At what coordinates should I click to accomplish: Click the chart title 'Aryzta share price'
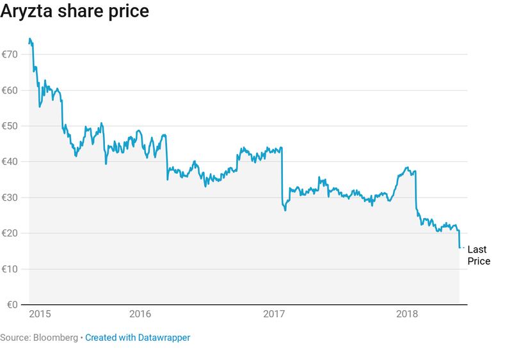[x=74, y=12]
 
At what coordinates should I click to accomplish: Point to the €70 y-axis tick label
[x=9, y=54]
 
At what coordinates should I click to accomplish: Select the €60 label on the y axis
[x=9, y=90]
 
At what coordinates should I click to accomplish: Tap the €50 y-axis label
[x=9, y=126]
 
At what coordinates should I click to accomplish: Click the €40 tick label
[x=9, y=162]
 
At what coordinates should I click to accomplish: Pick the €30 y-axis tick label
[x=9, y=198]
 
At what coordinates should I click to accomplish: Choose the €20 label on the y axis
[x=9, y=233]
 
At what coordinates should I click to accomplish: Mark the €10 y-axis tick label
[x=9, y=269]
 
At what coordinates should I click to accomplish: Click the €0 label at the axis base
[x=12, y=304]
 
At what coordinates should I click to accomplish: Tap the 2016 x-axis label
[x=140, y=314]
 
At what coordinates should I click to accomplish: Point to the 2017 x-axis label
[x=273, y=314]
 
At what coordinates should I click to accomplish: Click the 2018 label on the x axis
[x=407, y=314]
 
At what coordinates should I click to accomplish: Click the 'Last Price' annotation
[x=479, y=255]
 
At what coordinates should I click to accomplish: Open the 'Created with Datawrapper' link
[x=138, y=337]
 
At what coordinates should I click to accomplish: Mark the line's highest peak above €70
[x=29, y=39]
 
